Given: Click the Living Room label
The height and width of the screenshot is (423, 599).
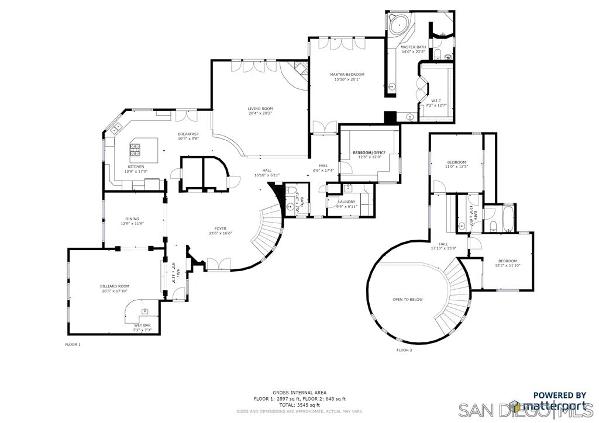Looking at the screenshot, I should pyautogui.click(x=260, y=109).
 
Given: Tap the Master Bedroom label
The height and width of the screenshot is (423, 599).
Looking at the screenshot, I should pyautogui.click(x=347, y=75).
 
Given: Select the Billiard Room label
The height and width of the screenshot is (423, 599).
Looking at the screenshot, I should pyautogui.click(x=114, y=286).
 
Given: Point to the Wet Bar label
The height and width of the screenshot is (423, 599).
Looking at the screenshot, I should pyautogui.click(x=143, y=325).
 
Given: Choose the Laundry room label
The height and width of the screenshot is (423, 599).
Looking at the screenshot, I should pyautogui.click(x=346, y=202).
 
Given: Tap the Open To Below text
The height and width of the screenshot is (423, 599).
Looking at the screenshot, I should pyautogui.click(x=407, y=299).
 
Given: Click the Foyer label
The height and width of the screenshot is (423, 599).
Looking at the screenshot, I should pyautogui.click(x=220, y=229).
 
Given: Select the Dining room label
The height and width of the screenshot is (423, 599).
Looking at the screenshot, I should pyautogui.click(x=132, y=219).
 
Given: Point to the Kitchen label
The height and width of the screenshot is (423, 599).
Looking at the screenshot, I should pyautogui.click(x=136, y=167).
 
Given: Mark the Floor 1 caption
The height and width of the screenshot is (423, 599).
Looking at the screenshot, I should pyautogui.click(x=73, y=345).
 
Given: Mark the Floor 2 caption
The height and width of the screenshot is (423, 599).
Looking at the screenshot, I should pyautogui.click(x=404, y=350).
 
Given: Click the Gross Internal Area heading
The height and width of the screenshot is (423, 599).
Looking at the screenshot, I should pyautogui.click(x=299, y=393).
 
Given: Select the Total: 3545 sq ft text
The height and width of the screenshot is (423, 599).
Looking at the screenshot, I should pyautogui.click(x=299, y=405).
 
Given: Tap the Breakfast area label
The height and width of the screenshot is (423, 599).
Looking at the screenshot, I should pyautogui.click(x=188, y=134).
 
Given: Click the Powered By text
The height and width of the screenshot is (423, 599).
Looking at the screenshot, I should pyautogui.click(x=559, y=395).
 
